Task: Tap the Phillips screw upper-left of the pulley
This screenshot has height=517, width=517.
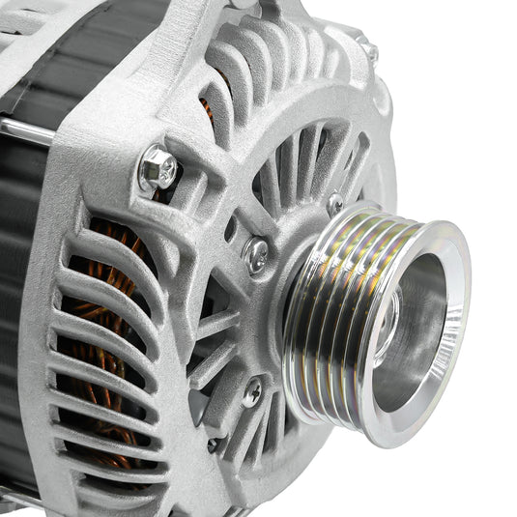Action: pos(257,254)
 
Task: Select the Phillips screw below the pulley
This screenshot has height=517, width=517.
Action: pos(252,391)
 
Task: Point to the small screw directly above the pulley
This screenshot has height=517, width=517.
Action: pos(334,203)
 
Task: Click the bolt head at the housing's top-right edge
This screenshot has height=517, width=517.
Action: pos(367,48)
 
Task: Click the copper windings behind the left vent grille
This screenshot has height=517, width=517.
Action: pos(106,319)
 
